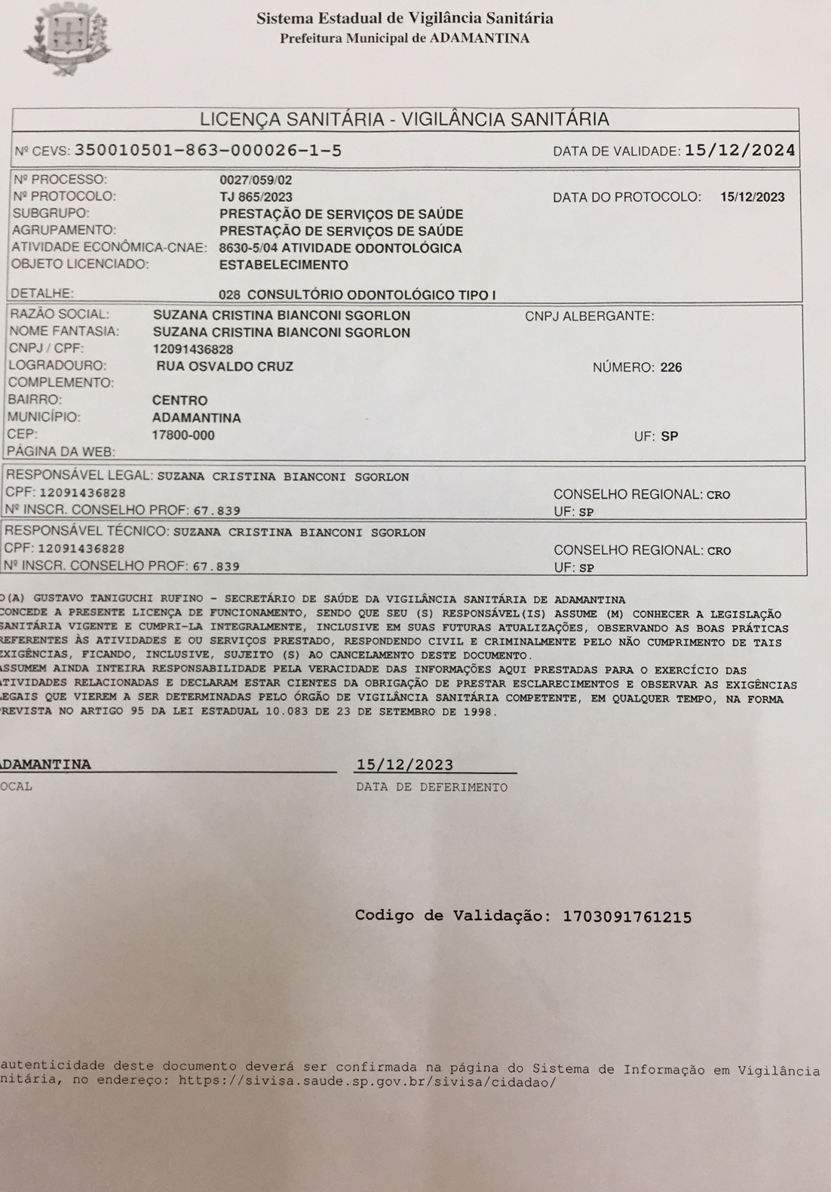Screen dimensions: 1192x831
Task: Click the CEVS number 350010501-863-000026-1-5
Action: point(208,151)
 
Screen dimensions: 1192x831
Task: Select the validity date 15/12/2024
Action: point(740,150)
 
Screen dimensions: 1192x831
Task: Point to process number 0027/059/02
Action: point(255,180)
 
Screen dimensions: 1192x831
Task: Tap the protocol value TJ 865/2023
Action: point(256,197)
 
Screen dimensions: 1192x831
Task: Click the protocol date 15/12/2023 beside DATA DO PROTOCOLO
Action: point(752,198)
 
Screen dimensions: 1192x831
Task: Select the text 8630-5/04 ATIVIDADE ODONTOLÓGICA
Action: point(340,248)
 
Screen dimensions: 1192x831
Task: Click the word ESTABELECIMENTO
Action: point(284,265)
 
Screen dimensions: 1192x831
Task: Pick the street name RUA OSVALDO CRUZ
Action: point(225,367)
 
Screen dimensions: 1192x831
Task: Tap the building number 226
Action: point(670,367)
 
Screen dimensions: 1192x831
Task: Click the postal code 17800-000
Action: point(183,435)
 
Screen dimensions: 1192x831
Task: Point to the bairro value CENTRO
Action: point(179,400)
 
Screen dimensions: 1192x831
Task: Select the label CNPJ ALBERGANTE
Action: point(590,316)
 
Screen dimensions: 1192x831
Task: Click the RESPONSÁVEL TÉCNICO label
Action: point(87,531)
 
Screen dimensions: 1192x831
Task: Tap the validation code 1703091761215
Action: point(627,917)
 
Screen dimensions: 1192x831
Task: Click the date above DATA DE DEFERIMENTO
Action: point(405,764)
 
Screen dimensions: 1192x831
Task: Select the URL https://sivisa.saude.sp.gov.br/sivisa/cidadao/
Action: point(367,1080)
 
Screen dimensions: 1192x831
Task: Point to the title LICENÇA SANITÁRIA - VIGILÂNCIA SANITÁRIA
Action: point(404,119)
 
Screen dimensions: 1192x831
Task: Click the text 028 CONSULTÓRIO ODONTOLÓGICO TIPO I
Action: point(357,294)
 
